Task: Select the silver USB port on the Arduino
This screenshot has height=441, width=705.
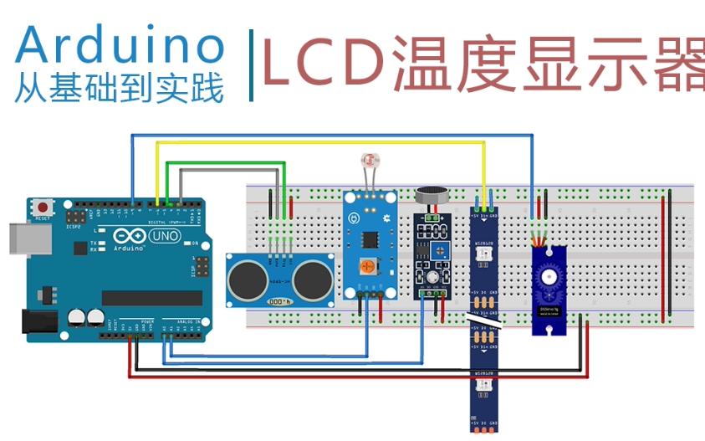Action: [x=18, y=237]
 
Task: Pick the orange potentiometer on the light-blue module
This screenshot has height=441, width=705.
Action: [x=365, y=268]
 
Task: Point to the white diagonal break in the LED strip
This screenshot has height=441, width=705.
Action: [x=484, y=319]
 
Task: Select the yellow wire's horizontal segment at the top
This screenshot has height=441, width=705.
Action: [x=318, y=142]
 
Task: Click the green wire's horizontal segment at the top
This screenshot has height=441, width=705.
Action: [x=226, y=163]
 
